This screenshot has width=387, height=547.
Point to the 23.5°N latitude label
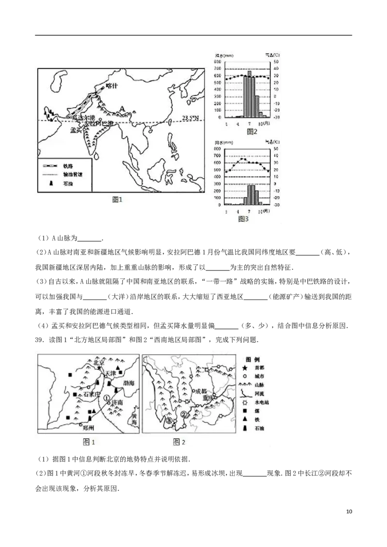click(x=192, y=117)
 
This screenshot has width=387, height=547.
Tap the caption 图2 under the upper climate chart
click(x=252, y=131)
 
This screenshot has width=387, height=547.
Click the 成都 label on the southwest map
click(x=200, y=391)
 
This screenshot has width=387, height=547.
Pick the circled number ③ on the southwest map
click(x=168, y=420)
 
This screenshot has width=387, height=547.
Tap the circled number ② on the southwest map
click(x=183, y=415)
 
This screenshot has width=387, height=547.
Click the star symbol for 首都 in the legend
click(x=246, y=368)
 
